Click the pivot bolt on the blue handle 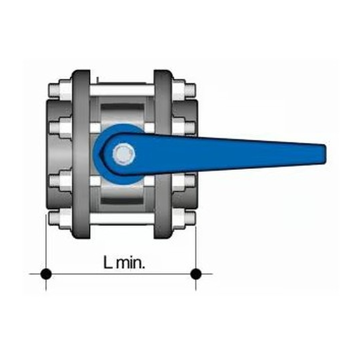(124, 154)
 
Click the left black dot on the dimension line (46, 274)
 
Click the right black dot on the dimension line (196, 274)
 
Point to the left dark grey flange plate (81, 154)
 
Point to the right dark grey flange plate (163, 154)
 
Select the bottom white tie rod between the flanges (122, 219)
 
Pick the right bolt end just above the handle (190, 127)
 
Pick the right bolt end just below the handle (190, 181)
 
